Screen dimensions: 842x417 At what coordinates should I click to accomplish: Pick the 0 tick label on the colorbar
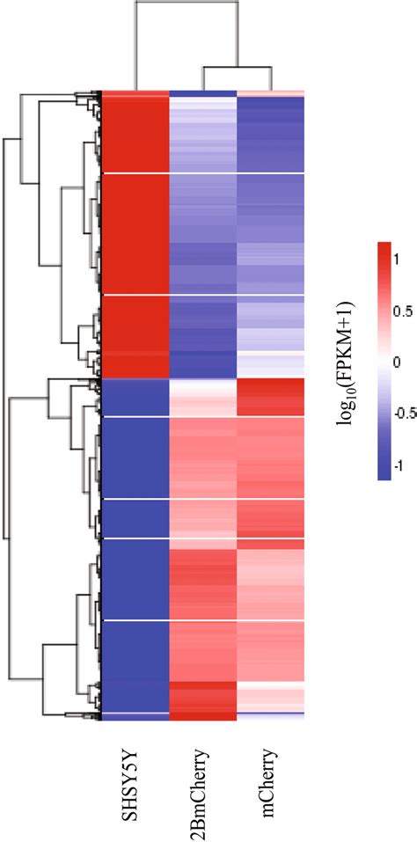397,362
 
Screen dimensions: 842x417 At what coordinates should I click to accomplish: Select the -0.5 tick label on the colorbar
404,414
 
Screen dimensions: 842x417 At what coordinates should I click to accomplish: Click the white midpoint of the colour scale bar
383,362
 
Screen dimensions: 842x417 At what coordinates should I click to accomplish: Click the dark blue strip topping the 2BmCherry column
202,93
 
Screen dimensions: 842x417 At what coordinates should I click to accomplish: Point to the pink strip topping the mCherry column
271,93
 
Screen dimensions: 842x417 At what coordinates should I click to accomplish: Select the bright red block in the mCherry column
271,397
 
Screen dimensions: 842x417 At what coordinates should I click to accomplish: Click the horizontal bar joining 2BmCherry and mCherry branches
236,66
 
